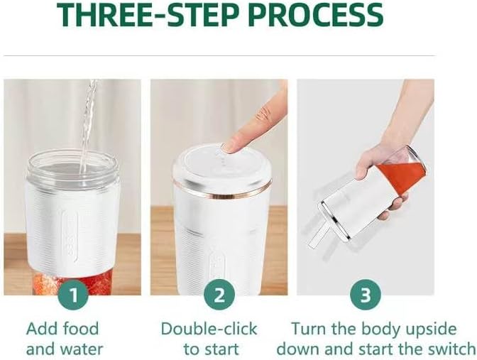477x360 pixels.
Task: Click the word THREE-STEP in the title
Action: [148, 14]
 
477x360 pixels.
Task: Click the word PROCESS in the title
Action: [315, 14]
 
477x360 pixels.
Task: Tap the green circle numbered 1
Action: [73, 295]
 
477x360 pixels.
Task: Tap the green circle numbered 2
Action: [219, 295]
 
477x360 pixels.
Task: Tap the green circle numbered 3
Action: [366, 295]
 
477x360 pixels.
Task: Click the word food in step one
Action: [81, 329]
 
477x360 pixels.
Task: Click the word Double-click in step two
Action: [209, 329]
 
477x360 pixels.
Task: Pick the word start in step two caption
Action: [220, 349]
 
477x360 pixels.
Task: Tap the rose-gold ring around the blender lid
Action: [221, 190]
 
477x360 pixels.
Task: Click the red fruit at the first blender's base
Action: [72, 283]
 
